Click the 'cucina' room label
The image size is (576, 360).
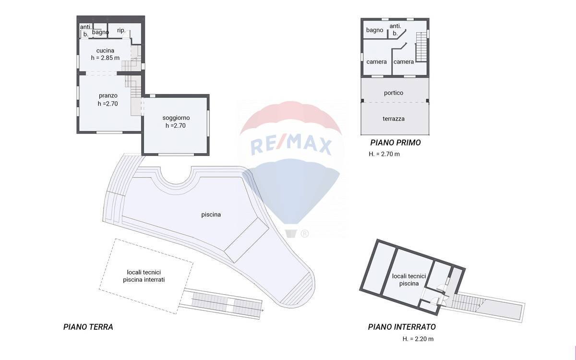click(105, 50)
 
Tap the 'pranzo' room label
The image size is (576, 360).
click(108, 96)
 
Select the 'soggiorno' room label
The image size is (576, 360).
click(176, 118)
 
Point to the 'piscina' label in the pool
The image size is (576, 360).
click(211, 215)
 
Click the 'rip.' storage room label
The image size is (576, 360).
click(121, 31)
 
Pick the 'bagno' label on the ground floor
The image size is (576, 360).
click(100, 33)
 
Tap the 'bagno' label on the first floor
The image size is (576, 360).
click(374, 30)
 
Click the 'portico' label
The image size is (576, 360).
click(394, 93)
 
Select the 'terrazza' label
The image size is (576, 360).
click(394, 119)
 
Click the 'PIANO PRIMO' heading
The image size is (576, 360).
click(396, 143)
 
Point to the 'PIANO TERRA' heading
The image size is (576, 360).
click(88, 327)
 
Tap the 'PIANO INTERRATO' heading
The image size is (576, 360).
click(402, 327)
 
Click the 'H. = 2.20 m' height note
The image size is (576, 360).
click(418, 339)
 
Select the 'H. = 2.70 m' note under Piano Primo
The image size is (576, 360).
click(384, 154)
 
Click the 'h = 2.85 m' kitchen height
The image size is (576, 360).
click(105, 58)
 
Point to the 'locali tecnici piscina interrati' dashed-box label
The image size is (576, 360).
click(144, 276)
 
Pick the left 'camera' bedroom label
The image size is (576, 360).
click(377, 62)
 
